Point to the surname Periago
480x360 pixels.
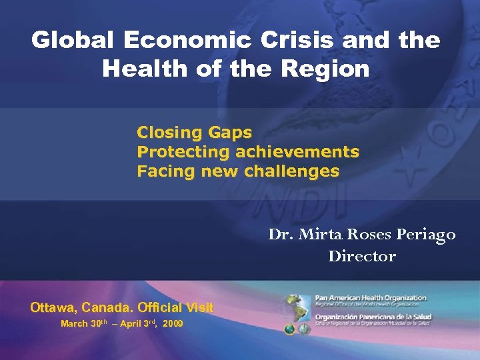click(x=427, y=235)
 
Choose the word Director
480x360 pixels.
click(x=362, y=256)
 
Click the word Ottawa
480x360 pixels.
click(x=52, y=308)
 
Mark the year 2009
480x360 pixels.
click(x=173, y=324)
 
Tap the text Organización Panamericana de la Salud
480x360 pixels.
click(x=374, y=317)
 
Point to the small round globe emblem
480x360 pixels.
click(x=290, y=329)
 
